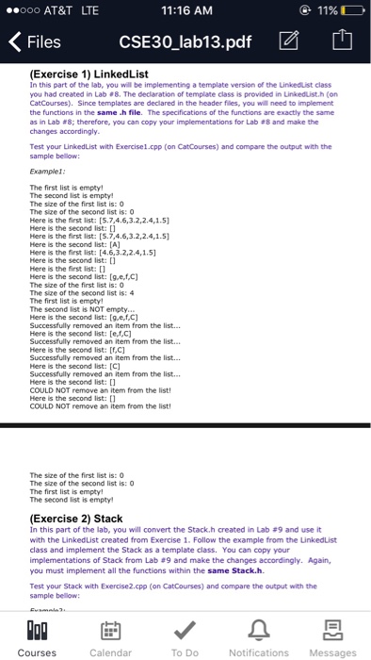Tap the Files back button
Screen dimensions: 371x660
35,42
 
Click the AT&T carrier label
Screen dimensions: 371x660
56,10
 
